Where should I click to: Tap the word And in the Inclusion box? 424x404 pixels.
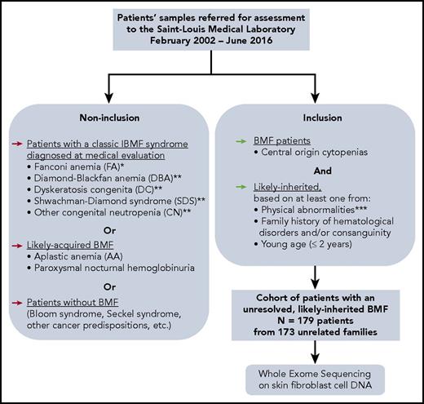320,171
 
